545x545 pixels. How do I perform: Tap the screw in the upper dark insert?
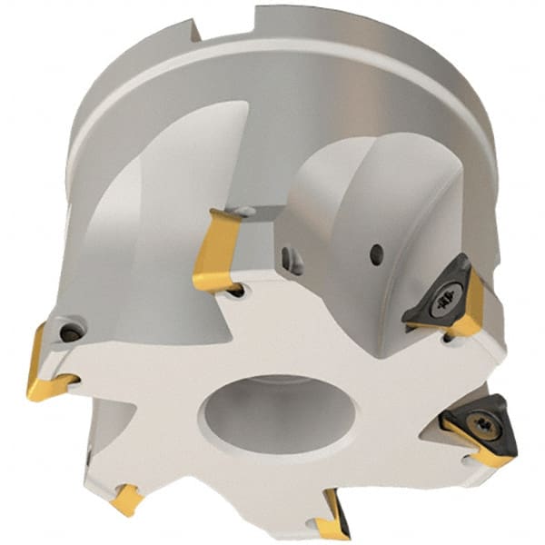pyautogui.click(x=448, y=295)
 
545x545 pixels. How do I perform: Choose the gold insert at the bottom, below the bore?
pyautogui.click(x=332, y=518)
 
